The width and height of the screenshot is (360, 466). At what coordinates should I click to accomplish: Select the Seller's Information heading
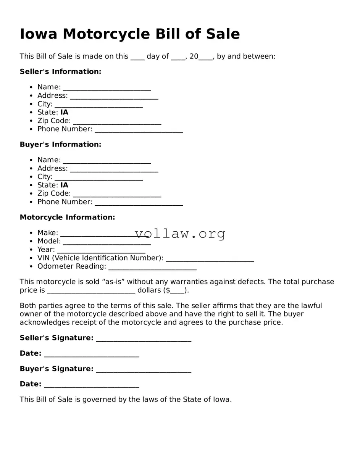(x=60, y=72)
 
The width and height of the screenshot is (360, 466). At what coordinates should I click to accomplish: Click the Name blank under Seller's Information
(x=107, y=88)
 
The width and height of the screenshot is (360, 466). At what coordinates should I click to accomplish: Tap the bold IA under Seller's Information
(x=64, y=112)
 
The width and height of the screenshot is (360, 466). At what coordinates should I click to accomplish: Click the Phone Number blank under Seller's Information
(x=139, y=130)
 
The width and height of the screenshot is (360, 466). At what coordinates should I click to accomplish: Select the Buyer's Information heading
(x=60, y=144)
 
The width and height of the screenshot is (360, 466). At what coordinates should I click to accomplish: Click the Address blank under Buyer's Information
(x=114, y=169)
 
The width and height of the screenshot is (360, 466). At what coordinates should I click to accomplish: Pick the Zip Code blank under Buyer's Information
(x=117, y=194)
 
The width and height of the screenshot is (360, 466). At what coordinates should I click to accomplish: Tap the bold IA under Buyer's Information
(x=64, y=185)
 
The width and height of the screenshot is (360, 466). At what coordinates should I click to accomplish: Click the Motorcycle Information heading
(x=67, y=217)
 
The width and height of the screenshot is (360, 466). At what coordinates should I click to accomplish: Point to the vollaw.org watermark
(x=180, y=233)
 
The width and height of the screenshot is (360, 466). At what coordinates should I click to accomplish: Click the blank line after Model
(x=107, y=242)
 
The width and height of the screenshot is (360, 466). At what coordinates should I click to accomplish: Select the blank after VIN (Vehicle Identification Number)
(x=210, y=259)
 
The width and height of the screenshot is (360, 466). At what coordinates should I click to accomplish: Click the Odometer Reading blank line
(x=152, y=267)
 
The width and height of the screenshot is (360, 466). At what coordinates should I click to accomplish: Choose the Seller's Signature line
(x=144, y=339)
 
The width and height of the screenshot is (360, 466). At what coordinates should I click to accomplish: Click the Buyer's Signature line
(x=144, y=369)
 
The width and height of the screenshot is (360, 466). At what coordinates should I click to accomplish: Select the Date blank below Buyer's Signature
(x=91, y=385)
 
